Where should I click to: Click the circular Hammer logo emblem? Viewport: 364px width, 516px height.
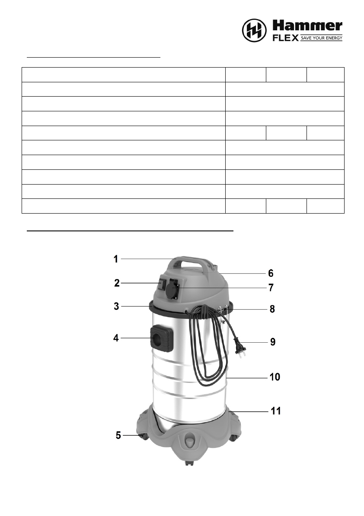pyautogui.click(x=254, y=30)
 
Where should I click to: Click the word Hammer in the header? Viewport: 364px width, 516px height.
pyautogui.click(x=307, y=26)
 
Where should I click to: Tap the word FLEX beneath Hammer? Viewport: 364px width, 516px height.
pyautogui.click(x=286, y=38)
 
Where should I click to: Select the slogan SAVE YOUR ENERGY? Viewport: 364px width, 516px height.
pyautogui.click(x=321, y=38)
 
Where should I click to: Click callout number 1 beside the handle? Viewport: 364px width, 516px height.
pyautogui.click(x=116, y=259)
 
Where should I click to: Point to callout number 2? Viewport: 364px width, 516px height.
pyautogui.click(x=117, y=283)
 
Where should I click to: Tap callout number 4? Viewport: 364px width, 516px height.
pyautogui.click(x=116, y=338)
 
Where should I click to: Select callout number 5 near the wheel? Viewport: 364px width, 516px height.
pyautogui.click(x=118, y=435)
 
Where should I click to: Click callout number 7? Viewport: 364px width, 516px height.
pyautogui.click(x=271, y=288)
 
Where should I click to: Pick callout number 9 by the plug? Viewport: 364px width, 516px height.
pyautogui.click(x=273, y=342)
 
